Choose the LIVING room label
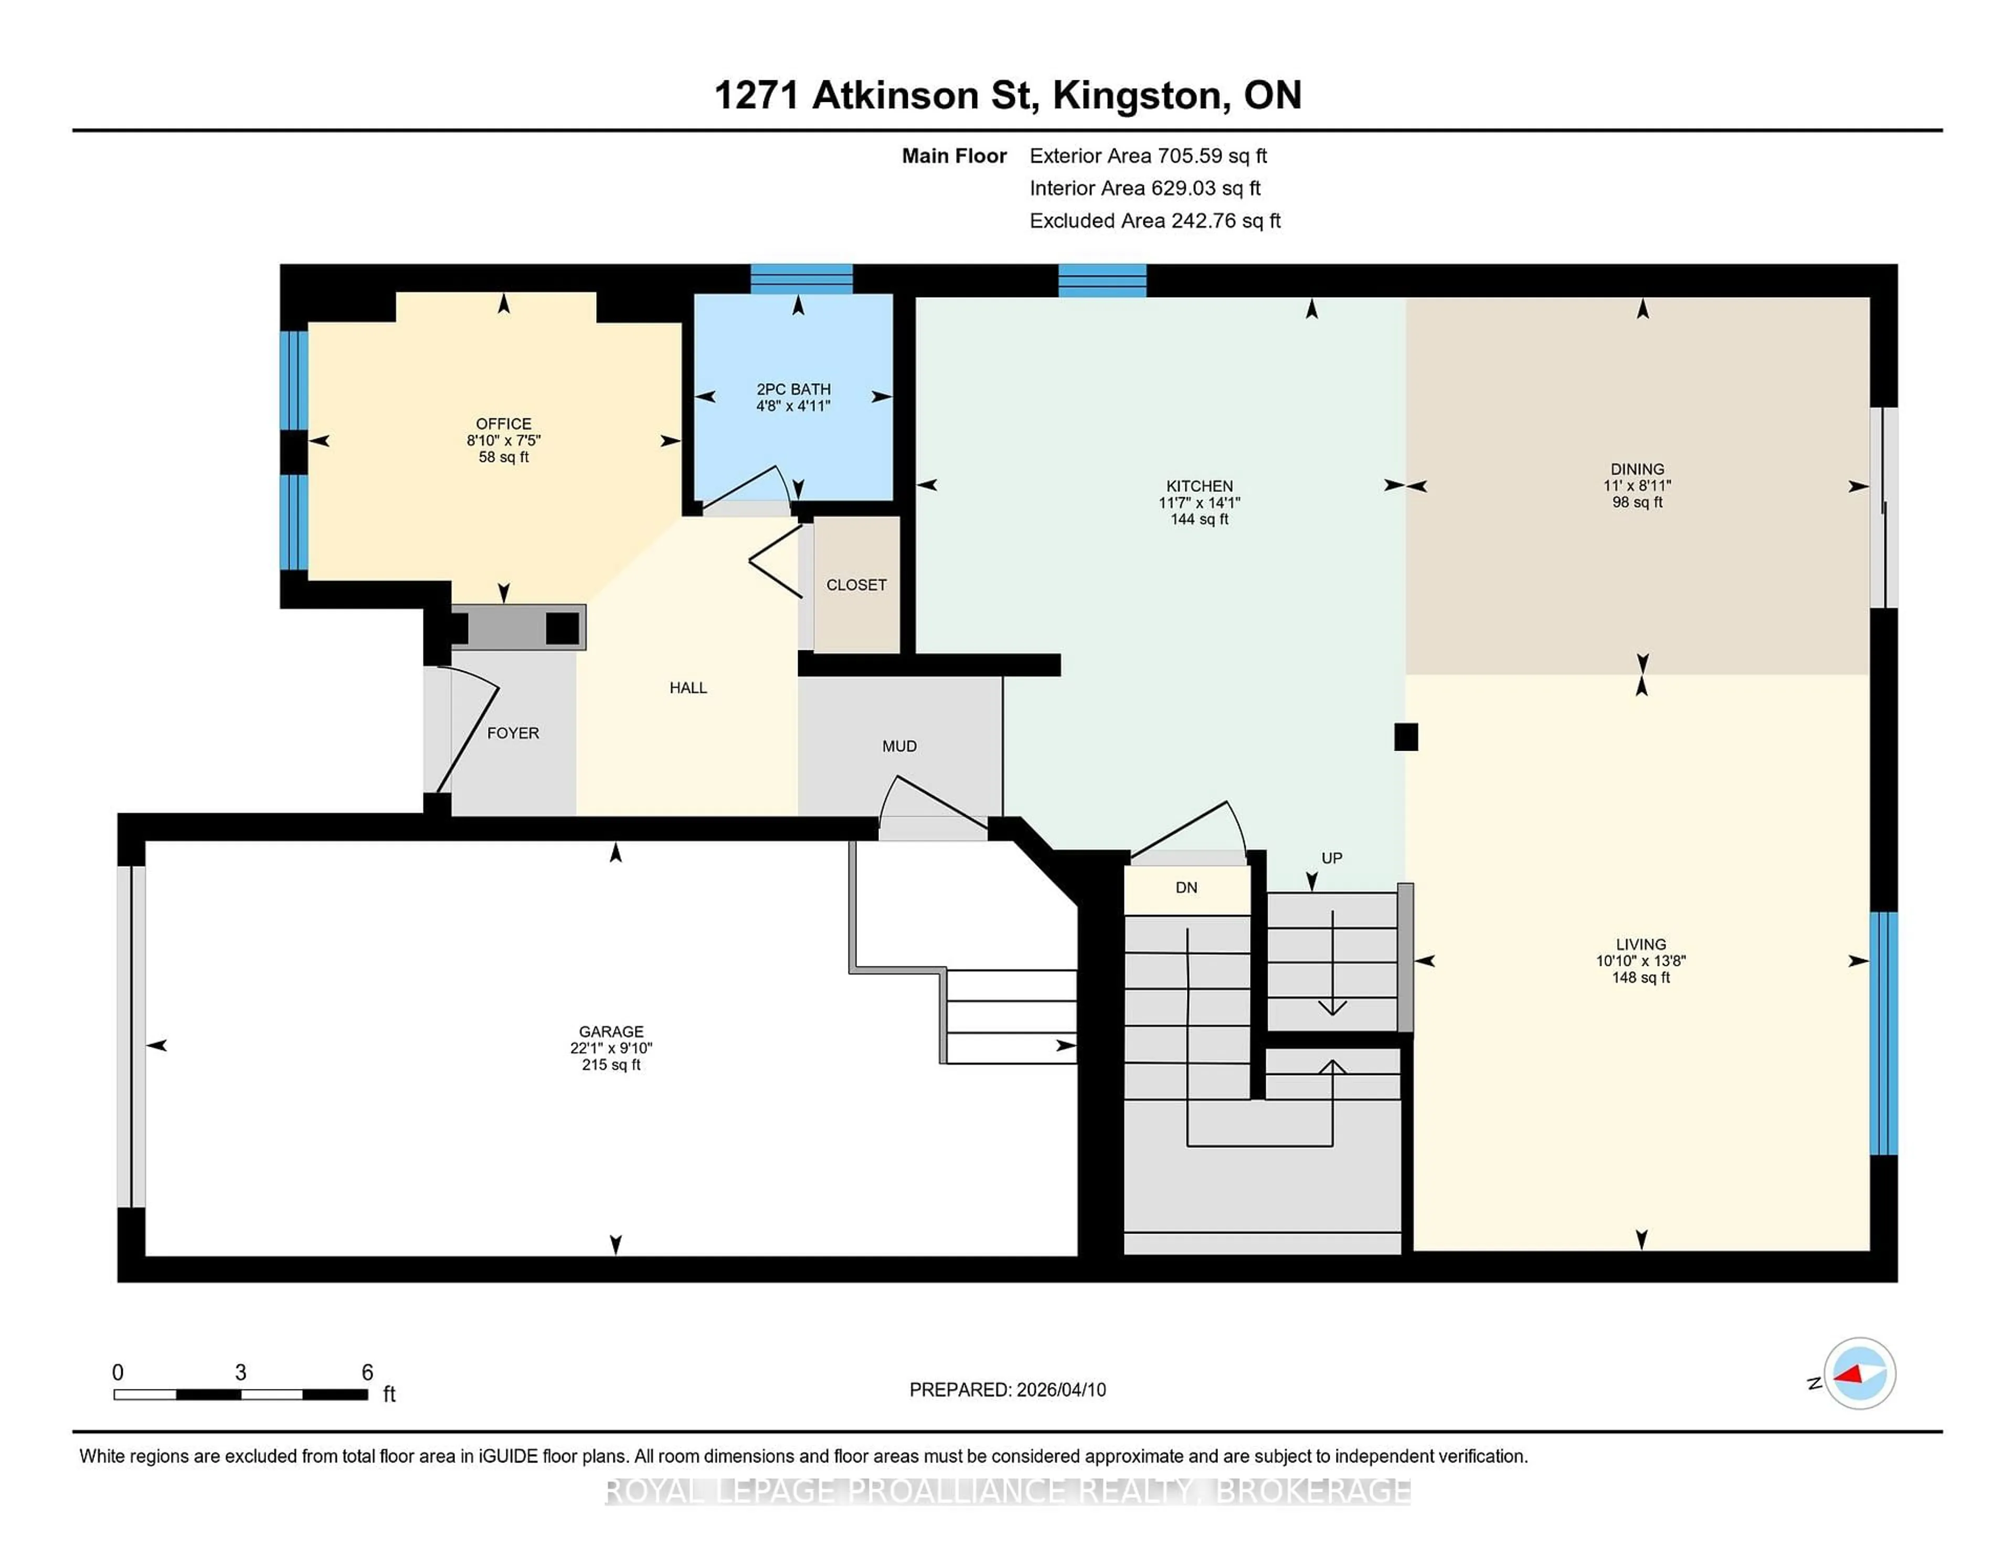click(1640, 944)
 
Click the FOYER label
click(513, 733)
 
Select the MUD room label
click(899, 746)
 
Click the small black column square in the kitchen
click(1405, 736)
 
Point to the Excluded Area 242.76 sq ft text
click(1154, 220)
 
